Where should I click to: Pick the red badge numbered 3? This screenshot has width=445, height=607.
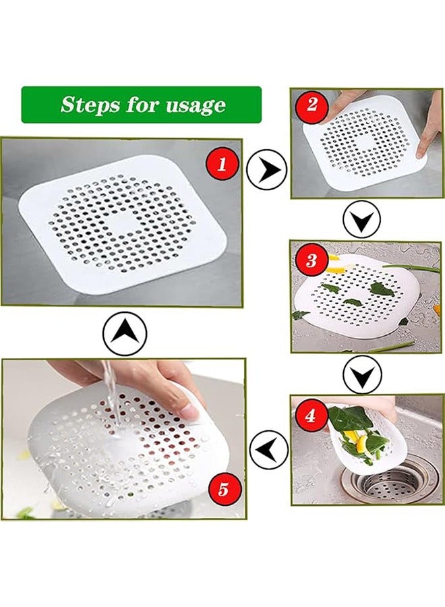coord(311,260)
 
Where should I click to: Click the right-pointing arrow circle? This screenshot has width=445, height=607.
coord(266,169)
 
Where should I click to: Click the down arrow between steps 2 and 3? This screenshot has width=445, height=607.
coord(362,219)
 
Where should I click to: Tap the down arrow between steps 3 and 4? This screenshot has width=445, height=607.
coord(362,374)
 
